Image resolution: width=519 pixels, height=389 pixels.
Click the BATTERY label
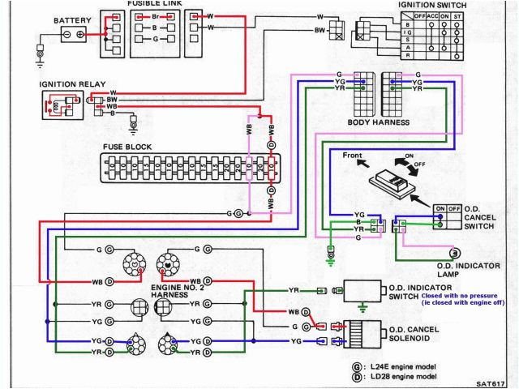click(72, 19)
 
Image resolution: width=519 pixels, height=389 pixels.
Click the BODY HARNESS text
click(378, 122)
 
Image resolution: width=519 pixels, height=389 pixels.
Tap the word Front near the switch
click(352, 155)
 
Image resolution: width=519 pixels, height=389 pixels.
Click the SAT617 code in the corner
click(491, 382)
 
